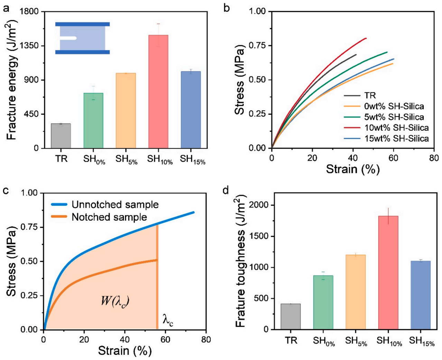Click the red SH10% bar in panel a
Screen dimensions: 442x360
point(158,92)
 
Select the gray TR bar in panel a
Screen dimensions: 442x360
point(61,136)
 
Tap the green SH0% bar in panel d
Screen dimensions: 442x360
point(323,302)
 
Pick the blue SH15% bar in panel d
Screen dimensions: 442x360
point(421,295)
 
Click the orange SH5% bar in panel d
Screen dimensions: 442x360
point(356,292)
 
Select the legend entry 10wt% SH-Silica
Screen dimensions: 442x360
point(386,128)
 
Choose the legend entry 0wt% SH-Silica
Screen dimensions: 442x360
point(384,106)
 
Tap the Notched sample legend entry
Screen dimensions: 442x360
point(99,217)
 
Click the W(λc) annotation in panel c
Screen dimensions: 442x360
point(115,301)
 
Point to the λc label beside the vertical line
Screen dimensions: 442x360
point(168,320)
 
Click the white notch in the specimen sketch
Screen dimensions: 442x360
point(68,38)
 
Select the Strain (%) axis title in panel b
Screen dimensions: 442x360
point(353,169)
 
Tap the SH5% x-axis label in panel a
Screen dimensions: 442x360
point(126,160)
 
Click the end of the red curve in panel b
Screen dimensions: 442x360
point(367,38)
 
